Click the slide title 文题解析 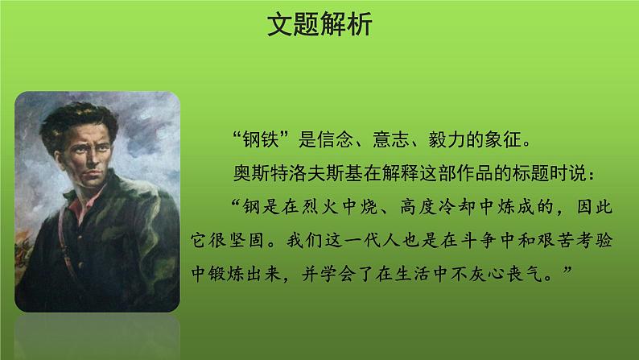[x=319, y=27]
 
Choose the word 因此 [x=598, y=207]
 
